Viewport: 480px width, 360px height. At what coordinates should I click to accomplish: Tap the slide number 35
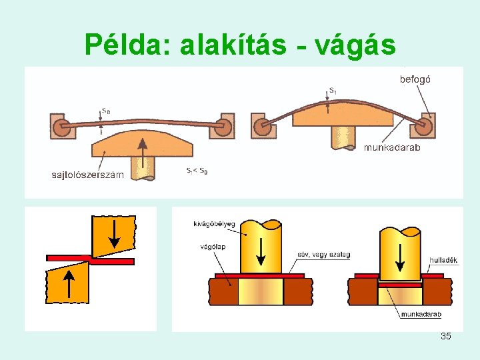tap(445, 336)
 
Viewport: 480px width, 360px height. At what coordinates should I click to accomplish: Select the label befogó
tap(415, 79)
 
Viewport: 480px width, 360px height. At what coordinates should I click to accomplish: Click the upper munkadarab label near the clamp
tap(391, 147)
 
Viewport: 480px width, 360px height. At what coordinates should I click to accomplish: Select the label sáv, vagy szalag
tap(324, 255)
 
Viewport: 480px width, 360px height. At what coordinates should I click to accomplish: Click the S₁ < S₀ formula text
tap(197, 171)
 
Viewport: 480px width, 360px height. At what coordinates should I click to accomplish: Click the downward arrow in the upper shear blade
tap(113, 233)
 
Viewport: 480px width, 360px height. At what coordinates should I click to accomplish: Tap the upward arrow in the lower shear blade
tap(68, 283)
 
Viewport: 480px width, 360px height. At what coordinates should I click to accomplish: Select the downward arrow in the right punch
tap(399, 256)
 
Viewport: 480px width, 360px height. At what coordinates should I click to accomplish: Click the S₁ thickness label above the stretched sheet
tap(333, 90)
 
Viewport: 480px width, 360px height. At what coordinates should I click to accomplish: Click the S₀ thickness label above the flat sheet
tap(106, 111)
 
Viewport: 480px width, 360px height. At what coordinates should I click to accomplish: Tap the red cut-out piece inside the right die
tap(400, 285)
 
